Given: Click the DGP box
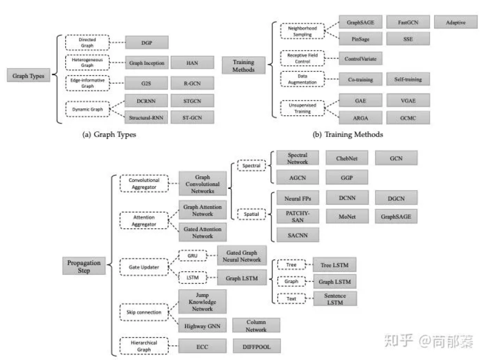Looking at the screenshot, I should [x=147, y=43].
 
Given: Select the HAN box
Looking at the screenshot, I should [x=192, y=63].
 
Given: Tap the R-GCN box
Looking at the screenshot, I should [x=192, y=83].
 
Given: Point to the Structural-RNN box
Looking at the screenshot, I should [x=146, y=118].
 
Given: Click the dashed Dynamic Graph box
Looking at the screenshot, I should [x=88, y=109].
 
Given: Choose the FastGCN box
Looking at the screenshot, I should [x=408, y=22].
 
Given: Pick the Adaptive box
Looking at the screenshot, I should [x=456, y=22].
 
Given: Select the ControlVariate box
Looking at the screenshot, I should [x=360, y=59].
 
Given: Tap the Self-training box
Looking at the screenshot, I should [x=408, y=79].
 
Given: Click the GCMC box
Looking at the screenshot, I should [x=408, y=118].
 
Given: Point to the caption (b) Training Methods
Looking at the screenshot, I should [x=347, y=134].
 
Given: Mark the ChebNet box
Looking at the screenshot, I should [x=346, y=158].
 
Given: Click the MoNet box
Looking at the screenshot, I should [x=347, y=216].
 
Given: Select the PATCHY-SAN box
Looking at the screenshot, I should [x=297, y=216].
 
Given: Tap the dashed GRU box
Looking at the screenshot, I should [x=192, y=256].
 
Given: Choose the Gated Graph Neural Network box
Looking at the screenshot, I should [x=242, y=256].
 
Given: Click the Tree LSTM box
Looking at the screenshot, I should [x=334, y=265].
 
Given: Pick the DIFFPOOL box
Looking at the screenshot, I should [x=256, y=346].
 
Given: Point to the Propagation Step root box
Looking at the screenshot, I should [x=84, y=266].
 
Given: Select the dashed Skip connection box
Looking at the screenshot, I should [x=144, y=312].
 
